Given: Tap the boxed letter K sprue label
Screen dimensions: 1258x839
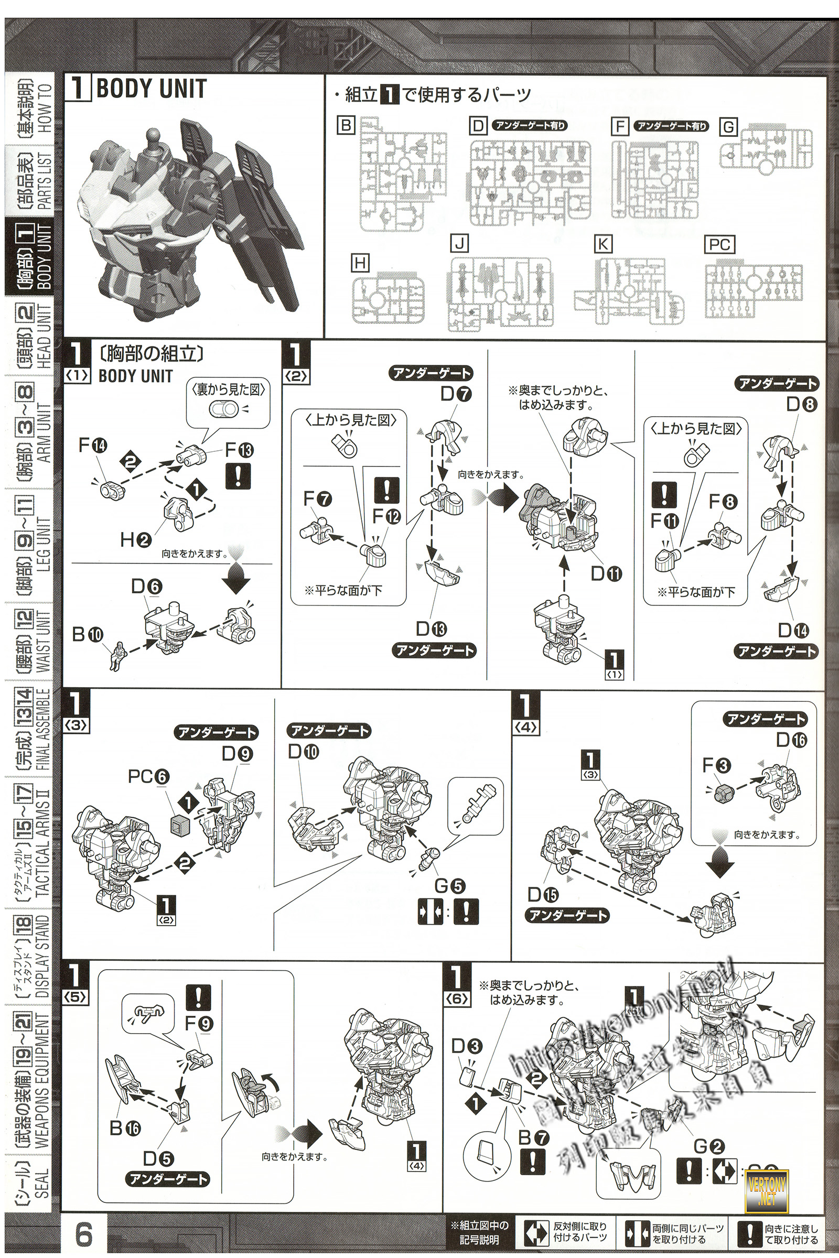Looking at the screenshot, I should coord(603,244).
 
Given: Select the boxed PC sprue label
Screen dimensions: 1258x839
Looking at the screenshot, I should coord(719,244).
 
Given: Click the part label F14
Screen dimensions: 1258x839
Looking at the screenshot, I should coord(93,445).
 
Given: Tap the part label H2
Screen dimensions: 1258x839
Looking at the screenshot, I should coord(136,540).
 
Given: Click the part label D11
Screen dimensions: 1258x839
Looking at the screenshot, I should coord(606,574).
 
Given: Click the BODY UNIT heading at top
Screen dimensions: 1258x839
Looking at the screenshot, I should coord(152,89).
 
